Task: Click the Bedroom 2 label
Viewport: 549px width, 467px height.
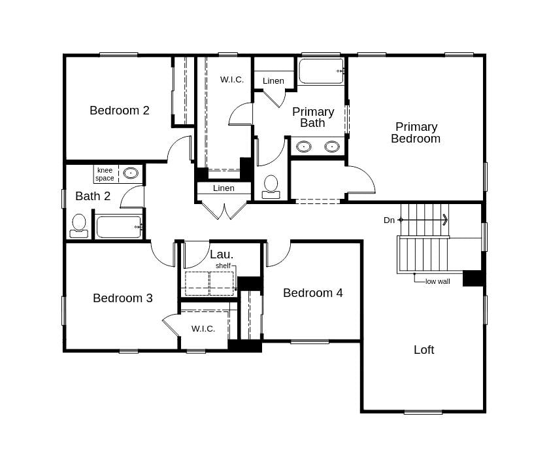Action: (x=120, y=111)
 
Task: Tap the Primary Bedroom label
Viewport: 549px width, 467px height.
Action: (x=416, y=133)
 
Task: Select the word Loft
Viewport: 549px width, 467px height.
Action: (x=424, y=350)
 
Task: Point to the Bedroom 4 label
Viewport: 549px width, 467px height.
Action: (x=312, y=293)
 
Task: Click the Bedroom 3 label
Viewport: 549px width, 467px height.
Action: (x=123, y=298)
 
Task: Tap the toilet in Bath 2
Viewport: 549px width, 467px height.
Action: (x=79, y=224)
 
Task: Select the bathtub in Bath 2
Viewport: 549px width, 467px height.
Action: (x=119, y=227)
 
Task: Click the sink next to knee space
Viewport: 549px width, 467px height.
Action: (x=131, y=173)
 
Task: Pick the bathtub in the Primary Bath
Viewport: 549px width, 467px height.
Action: (x=321, y=71)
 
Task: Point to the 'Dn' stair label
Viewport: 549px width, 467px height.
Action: (x=389, y=220)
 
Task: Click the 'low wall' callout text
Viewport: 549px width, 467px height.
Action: (x=437, y=281)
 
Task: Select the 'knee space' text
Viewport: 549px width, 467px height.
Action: (x=105, y=174)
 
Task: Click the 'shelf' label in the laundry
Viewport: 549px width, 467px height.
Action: (x=223, y=266)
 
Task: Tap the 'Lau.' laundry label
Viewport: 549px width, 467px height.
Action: (x=222, y=254)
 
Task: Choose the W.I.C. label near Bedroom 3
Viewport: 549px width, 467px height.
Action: (x=203, y=328)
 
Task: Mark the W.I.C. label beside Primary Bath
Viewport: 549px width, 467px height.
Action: (x=232, y=80)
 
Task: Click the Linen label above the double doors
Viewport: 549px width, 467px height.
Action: (x=224, y=188)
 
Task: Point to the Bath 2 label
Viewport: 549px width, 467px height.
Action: (x=93, y=196)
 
